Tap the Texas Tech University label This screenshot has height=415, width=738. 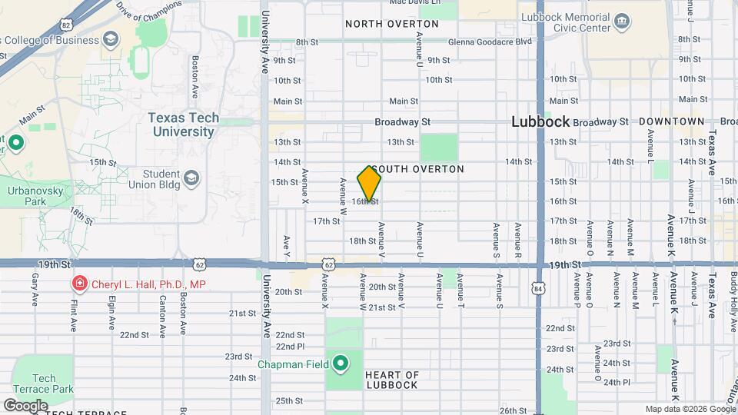(x=183, y=124)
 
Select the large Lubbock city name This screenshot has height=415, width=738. (x=540, y=122)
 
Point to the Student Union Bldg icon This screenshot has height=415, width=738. (x=191, y=179)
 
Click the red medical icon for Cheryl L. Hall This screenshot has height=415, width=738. (x=78, y=284)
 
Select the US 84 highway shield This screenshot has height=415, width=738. (x=537, y=287)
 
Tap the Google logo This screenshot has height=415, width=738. (x=25, y=405)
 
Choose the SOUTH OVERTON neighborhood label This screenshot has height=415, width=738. (x=418, y=168)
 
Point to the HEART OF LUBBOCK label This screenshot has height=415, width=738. (x=391, y=380)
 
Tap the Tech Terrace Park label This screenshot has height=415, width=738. (x=43, y=383)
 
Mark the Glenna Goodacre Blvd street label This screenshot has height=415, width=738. (x=490, y=41)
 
